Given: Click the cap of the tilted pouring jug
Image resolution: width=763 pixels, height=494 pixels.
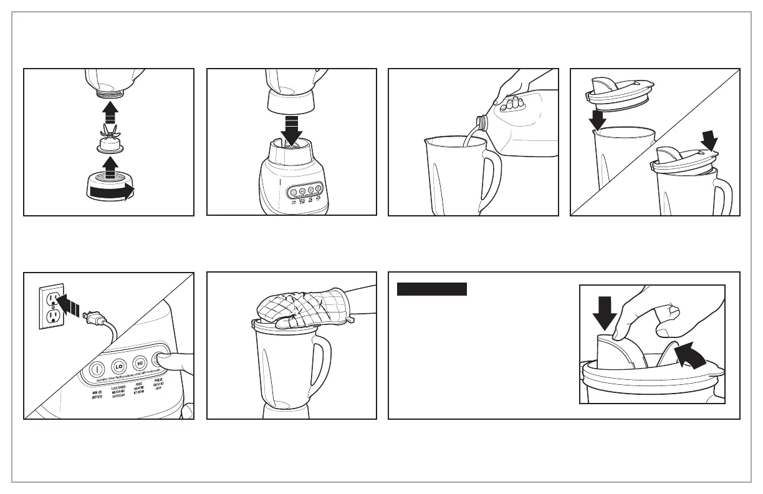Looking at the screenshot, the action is point(482,120).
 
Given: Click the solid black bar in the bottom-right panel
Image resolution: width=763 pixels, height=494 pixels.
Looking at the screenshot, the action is point(432,289).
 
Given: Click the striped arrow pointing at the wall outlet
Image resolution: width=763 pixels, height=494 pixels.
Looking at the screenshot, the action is point(68,306).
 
